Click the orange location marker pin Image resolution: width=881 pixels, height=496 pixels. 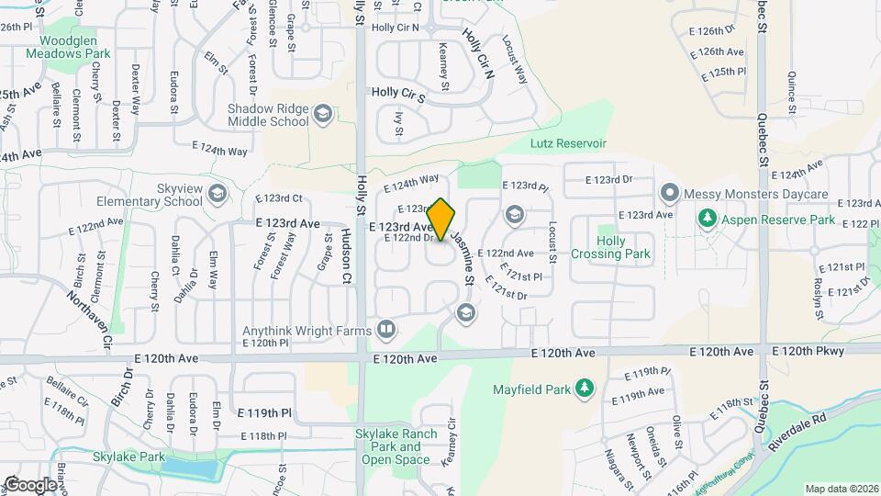440,220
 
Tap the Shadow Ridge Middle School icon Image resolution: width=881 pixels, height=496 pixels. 322,114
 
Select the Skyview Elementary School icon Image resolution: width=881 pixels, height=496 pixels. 217,194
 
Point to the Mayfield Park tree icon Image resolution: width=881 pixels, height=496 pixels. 584,389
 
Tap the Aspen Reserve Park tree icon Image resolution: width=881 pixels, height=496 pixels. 707,220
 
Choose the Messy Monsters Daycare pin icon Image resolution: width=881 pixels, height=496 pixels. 669,194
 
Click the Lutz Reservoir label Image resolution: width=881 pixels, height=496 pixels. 568,143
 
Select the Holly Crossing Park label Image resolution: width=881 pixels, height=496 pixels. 610,247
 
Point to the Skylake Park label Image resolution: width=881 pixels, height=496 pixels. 128,457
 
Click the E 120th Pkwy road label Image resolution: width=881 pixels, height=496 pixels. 806,351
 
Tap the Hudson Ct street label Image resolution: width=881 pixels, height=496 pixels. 347,255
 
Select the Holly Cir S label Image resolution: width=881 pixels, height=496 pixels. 398,94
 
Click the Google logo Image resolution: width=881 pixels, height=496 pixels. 30,484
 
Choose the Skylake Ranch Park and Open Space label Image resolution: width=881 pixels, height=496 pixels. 395,446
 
